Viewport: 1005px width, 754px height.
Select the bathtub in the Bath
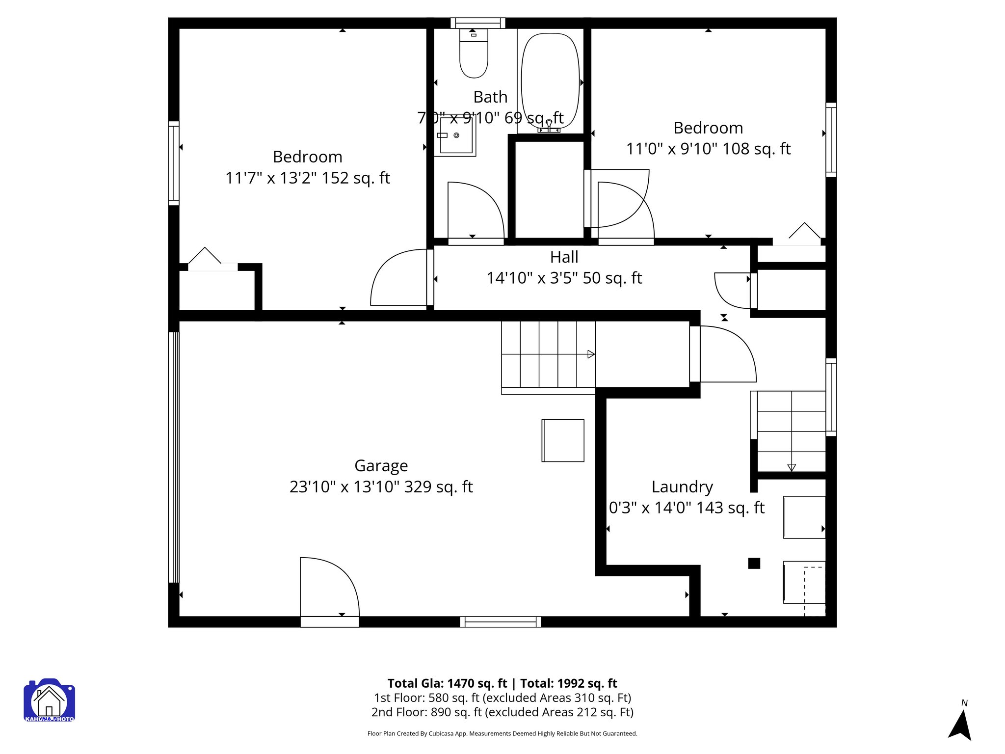pyautogui.click(x=550, y=81)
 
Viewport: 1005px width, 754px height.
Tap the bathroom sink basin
pyautogui.click(x=456, y=135)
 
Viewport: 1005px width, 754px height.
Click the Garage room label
pyautogui.click(x=381, y=465)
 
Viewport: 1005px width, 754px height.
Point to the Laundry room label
pyautogui.click(x=682, y=486)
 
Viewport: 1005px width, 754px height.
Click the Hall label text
pyautogui.click(x=564, y=257)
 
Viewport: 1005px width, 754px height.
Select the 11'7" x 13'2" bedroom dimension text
pyautogui.click(x=307, y=178)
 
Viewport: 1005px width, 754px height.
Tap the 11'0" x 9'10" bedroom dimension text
pyautogui.click(x=708, y=149)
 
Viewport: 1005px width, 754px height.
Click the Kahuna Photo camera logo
pyautogui.click(x=49, y=700)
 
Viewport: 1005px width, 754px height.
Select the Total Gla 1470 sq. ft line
pyautogui.click(x=502, y=683)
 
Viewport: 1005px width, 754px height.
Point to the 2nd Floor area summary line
pyautogui.click(x=502, y=712)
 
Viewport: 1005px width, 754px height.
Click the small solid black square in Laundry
pyautogui.click(x=754, y=563)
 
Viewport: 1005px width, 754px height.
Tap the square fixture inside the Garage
pyautogui.click(x=563, y=440)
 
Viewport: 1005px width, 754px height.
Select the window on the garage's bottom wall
pyautogui.click(x=501, y=622)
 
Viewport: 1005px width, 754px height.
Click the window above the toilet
pyautogui.click(x=477, y=23)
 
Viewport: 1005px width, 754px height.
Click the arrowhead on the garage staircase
pyautogui.click(x=591, y=354)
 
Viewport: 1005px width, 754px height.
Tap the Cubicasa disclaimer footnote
pyautogui.click(x=502, y=734)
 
